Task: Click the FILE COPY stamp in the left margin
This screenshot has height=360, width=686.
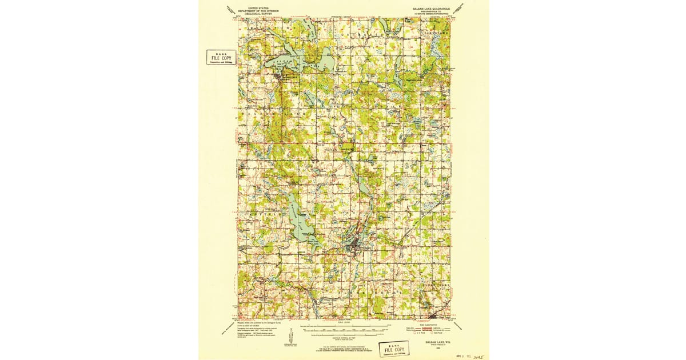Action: [221, 58]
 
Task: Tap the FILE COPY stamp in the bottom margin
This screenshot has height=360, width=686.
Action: [394, 349]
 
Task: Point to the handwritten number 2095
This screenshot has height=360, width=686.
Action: [473, 355]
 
